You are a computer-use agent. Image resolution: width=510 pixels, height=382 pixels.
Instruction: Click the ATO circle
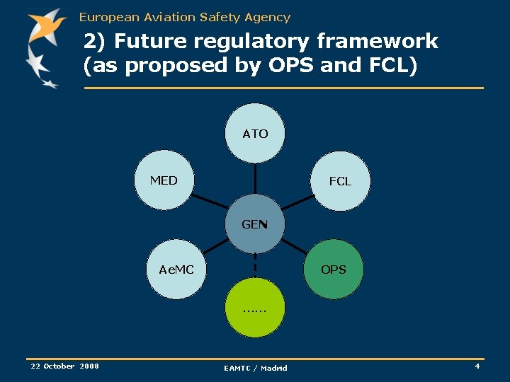(255, 133)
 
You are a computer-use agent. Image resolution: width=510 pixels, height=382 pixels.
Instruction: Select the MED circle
(164, 180)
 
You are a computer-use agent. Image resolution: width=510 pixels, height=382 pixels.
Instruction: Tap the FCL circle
(340, 181)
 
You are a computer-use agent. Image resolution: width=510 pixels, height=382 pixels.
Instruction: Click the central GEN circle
(254, 224)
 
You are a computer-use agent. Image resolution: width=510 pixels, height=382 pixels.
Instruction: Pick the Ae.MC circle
(176, 270)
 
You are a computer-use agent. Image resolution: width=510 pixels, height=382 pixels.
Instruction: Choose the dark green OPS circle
(333, 270)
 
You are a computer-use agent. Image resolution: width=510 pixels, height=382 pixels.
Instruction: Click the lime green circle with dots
(254, 308)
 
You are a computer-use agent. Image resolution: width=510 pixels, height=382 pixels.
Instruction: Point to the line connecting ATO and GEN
(255, 178)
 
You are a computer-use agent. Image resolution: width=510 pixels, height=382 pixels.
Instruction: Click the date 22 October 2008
(64, 366)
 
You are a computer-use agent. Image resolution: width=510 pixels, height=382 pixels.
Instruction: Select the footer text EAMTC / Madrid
(256, 368)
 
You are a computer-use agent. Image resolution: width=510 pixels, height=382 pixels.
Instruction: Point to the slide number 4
(477, 366)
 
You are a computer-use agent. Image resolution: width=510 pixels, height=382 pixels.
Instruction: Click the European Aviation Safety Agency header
(185, 17)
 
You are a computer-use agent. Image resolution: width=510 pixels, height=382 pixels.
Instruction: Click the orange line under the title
(283, 88)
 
